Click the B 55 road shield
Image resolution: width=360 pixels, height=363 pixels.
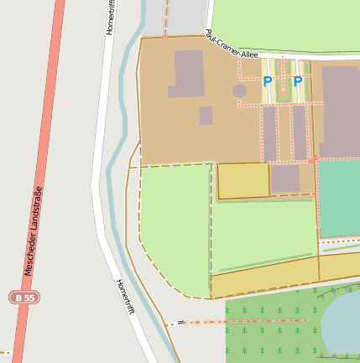pyautogui.click(x=24, y=298)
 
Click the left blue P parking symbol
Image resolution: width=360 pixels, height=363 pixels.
pyautogui.click(x=268, y=82)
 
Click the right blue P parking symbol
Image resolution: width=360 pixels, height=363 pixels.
pyautogui.click(x=298, y=82)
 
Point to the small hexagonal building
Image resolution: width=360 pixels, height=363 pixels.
pyautogui.click(x=239, y=90)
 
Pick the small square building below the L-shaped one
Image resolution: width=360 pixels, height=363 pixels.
pyautogui.click(x=206, y=116)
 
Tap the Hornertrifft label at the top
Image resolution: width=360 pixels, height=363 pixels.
pyautogui.click(x=112, y=18)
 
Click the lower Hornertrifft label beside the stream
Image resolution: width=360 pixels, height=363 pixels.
pyautogui.click(x=125, y=297)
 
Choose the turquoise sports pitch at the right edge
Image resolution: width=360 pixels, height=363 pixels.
pyautogui.click(x=339, y=198)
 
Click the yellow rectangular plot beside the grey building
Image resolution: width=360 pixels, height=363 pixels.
pyautogui.click(x=243, y=180)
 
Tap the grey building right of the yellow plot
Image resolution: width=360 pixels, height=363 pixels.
pyautogui.click(x=285, y=179)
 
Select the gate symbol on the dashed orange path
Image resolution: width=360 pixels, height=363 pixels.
pyautogui.click(x=180, y=322)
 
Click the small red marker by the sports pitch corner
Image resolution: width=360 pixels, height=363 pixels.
pyautogui.click(x=313, y=159)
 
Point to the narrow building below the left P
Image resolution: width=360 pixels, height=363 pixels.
pyautogui.click(x=269, y=132)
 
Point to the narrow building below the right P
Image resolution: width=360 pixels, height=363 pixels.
pyautogui.click(x=300, y=132)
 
